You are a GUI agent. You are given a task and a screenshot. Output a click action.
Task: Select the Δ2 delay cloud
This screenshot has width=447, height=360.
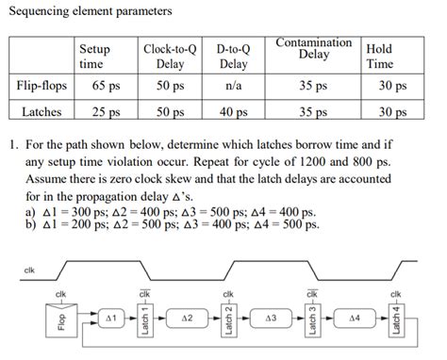(x=188, y=319)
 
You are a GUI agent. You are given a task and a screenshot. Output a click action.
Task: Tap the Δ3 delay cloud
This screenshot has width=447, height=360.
(x=271, y=319)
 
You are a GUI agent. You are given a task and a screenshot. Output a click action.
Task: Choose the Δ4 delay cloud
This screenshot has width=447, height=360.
(x=355, y=319)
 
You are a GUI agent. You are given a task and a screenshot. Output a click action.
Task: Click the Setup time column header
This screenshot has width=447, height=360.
(x=94, y=56)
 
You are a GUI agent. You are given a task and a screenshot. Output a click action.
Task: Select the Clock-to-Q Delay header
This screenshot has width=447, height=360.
(x=169, y=56)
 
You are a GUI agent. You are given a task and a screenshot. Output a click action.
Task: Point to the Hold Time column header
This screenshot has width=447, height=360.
(x=379, y=56)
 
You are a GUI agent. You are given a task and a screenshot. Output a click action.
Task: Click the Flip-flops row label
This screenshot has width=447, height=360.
(x=41, y=85)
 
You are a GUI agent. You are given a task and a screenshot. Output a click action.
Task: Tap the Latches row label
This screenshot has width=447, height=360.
(x=41, y=111)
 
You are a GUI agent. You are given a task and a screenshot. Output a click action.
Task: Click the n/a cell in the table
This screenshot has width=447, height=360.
(x=232, y=85)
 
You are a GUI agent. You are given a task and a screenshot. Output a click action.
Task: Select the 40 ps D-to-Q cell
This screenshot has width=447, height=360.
(x=232, y=111)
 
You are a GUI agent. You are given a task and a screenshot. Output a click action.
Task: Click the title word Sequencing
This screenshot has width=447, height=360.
(x=38, y=11)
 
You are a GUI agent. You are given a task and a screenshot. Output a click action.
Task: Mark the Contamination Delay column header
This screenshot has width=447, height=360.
(x=313, y=48)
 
